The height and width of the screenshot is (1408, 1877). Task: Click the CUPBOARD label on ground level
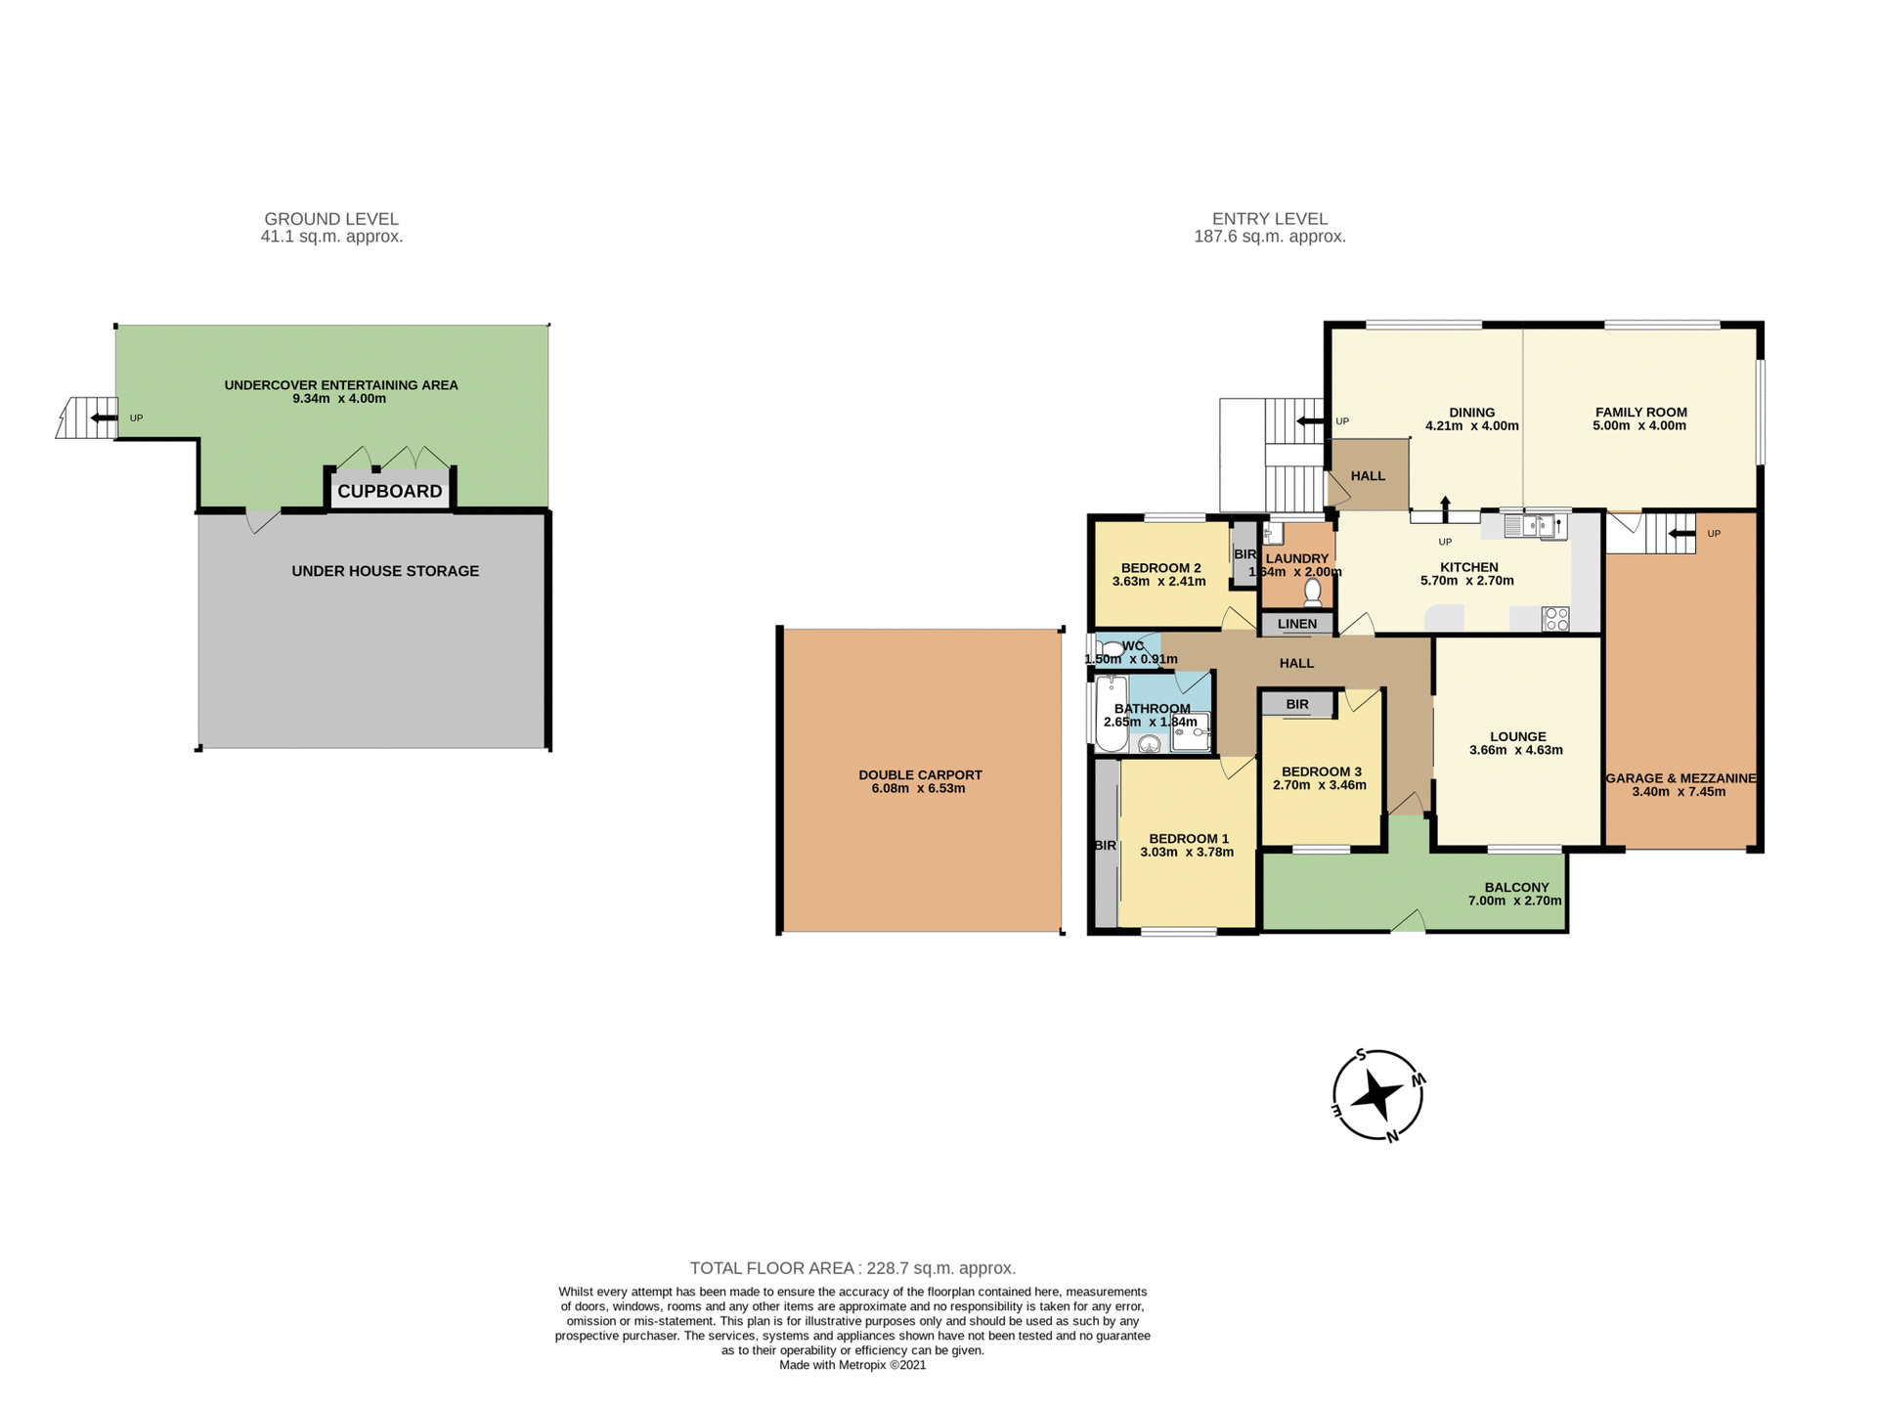click(390, 491)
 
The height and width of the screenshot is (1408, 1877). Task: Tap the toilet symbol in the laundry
click(1313, 592)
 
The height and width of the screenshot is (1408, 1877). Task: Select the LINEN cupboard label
click(1297, 624)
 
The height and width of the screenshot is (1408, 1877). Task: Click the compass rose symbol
click(1377, 1095)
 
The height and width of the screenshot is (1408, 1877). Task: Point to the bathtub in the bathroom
click(1111, 714)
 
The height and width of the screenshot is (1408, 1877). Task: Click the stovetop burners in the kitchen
click(1555, 619)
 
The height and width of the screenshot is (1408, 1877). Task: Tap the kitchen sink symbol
click(1535, 526)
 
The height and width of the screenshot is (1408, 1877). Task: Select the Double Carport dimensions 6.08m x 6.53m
click(918, 788)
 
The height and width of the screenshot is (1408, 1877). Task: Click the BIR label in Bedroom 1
click(1105, 846)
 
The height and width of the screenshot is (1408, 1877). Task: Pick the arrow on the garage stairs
click(1681, 534)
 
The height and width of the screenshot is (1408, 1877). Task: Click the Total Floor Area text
click(852, 1268)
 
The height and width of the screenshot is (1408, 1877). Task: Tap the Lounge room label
click(1517, 736)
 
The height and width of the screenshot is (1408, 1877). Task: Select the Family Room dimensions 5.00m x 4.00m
click(1639, 425)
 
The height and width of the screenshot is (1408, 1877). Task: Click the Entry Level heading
click(1269, 219)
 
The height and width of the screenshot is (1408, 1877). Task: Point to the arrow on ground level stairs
click(101, 418)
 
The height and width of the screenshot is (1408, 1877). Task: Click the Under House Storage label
click(385, 571)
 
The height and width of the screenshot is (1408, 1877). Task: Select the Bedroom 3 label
click(1321, 771)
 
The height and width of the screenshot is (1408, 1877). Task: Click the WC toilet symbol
click(1111, 648)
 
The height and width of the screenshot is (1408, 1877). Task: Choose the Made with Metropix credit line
click(851, 1365)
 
